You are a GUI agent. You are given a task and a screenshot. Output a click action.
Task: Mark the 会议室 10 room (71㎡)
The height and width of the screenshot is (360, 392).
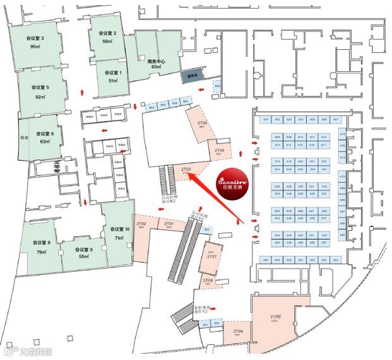(119, 233)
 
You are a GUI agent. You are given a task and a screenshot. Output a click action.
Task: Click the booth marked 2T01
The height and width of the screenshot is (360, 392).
(169, 224)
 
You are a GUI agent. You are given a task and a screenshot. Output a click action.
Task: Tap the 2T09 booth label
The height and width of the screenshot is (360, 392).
(238, 332)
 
